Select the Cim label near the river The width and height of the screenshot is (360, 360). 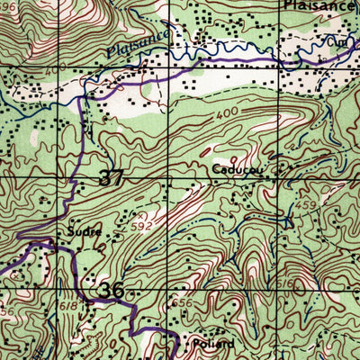[338, 42]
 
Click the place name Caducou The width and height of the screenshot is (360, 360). [238, 168]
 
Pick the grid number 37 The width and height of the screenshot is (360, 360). [111, 178]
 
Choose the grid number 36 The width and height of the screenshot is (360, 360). [112, 290]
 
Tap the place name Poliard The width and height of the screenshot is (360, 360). [213, 344]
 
